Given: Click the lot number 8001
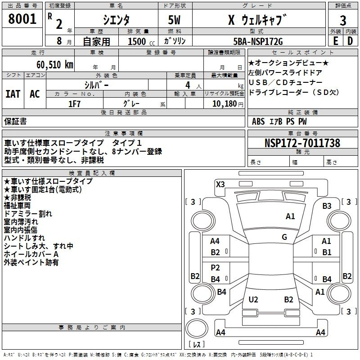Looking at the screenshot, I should pos(22,19).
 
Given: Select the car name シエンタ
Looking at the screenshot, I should pos(116,20).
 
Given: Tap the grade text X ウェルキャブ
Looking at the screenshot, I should pos(257,20).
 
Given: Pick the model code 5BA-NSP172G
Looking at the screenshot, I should pos(258,42).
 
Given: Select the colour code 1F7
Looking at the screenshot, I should pos(74,104).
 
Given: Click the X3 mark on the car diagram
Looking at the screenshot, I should pos(220,184).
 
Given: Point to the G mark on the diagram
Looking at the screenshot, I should pos(284,237).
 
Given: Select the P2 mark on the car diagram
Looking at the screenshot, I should pos(216,268).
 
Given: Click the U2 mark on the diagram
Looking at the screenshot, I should pos(253,299).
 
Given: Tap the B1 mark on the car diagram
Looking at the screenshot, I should pos(326,252).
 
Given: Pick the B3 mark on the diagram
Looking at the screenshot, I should pos(327,206).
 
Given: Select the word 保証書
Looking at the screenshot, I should pos(15,121).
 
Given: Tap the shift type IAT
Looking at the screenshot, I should pos(13,94).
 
